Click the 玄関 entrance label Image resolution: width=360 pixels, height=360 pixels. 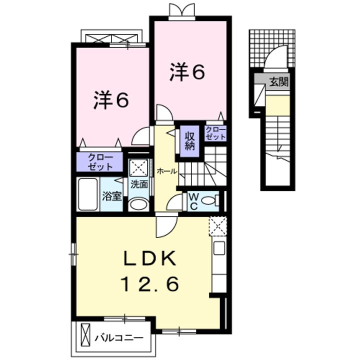coord(279,82)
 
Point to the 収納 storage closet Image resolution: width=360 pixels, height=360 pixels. coord(190,140)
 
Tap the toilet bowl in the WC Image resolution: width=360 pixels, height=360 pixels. coord(211,200)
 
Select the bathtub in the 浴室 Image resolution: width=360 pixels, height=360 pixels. coord(89,194)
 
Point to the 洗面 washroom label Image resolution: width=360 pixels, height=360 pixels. coord(139,183)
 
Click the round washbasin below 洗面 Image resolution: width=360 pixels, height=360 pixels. coord(138,204)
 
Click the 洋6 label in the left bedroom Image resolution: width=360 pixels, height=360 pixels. coord(111,101)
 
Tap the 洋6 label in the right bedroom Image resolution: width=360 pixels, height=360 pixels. coord(187,73)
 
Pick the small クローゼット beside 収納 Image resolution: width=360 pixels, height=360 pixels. coord(216,133)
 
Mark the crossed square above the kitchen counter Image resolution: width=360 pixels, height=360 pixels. coord(218,225)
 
